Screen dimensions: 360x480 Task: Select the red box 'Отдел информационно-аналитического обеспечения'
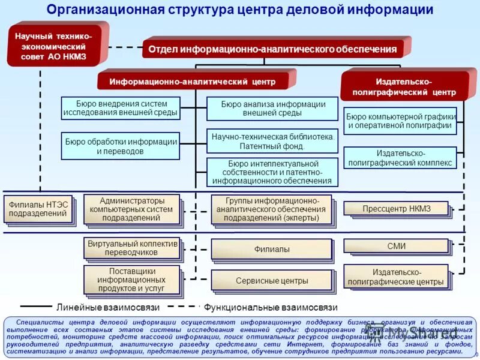pos(273,49)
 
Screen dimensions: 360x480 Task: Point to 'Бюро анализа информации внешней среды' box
pos(273,109)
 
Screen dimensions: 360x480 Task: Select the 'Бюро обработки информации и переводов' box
pos(121,146)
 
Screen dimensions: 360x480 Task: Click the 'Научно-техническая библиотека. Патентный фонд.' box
pos(273,141)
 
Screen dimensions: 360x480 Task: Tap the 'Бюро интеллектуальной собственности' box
pos(273,172)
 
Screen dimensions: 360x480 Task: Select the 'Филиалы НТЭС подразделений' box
pos(38,209)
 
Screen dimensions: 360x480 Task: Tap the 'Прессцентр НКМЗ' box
pos(396,209)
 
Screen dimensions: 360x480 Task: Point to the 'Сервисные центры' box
pos(272,280)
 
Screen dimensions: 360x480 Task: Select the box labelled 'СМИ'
pos(396,246)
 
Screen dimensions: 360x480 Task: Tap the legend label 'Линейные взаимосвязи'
pos(108,307)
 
